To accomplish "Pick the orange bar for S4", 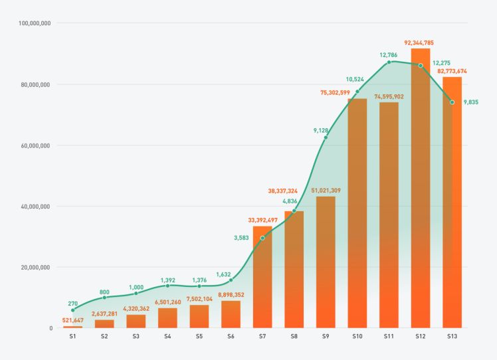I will pyautogui.click(x=167, y=318).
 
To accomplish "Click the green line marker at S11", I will pyautogui.click(x=389, y=62).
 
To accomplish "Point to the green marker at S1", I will pyautogui.click(x=73, y=310).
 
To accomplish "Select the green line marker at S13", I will pyautogui.click(x=452, y=102).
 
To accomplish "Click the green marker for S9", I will pyautogui.click(x=326, y=137).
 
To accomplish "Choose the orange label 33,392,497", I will pyautogui.click(x=262, y=221).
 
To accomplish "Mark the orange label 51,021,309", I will pyautogui.click(x=326, y=191).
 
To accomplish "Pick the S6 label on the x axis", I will pyautogui.click(x=231, y=337).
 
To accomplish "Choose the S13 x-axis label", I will pyautogui.click(x=452, y=337).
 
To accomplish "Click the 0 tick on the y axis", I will pyautogui.click(x=51, y=328).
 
